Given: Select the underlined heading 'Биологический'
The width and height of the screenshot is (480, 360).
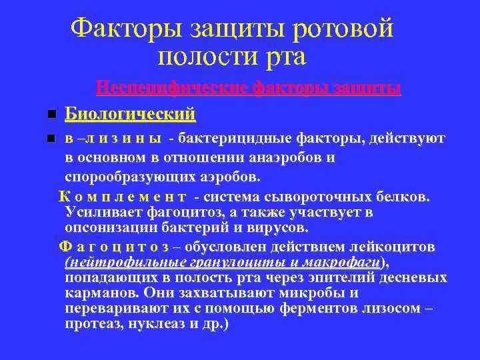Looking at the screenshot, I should (x=130, y=114).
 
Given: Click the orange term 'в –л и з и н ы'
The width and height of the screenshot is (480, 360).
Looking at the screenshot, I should (x=113, y=139).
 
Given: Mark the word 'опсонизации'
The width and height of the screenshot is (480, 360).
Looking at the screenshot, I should (x=107, y=228).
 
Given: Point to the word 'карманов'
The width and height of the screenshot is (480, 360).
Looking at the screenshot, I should (x=96, y=293).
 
